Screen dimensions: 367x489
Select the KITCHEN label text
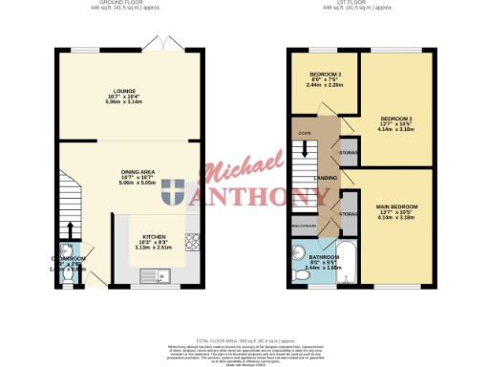pyautogui.click(x=156, y=235)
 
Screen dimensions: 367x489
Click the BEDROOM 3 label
pyautogui.click(x=327, y=75)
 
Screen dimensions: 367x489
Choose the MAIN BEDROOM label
pyautogui.click(x=395, y=207)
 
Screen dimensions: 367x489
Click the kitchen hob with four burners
pyautogui.click(x=192, y=243)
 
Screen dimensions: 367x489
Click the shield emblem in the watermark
pyautogui.click(x=174, y=194)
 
